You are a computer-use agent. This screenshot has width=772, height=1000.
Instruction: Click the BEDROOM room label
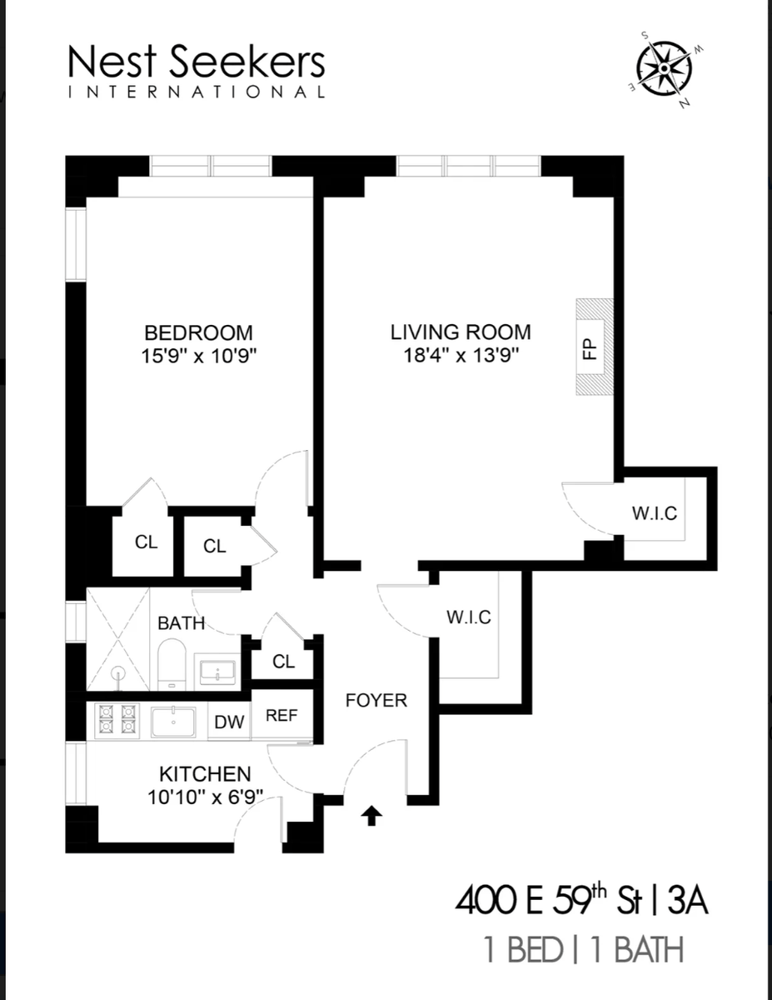tap(198, 332)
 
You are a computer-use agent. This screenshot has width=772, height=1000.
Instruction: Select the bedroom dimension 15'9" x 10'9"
tap(198, 356)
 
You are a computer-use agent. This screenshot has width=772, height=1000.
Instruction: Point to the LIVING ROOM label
tap(461, 332)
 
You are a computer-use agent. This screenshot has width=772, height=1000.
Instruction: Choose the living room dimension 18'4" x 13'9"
tap(461, 356)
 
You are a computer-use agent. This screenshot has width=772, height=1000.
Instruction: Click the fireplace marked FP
tap(594, 347)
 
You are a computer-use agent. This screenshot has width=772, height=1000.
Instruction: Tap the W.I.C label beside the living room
tap(654, 513)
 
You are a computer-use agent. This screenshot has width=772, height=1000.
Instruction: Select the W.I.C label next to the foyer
tap(468, 617)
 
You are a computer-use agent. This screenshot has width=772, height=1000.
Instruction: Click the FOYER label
tap(376, 700)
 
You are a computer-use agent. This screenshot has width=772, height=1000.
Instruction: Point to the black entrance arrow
tap(372, 816)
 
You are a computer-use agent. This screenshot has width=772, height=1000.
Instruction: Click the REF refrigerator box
tap(281, 715)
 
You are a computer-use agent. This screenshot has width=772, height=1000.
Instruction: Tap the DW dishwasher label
tap(229, 722)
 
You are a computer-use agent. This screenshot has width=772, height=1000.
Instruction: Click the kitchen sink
tap(173, 721)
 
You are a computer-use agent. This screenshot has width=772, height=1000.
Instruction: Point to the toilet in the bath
tap(172, 665)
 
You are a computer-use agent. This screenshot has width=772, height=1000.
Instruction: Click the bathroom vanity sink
tap(217, 670)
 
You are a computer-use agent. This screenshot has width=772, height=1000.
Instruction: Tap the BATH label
tap(181, 622)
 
